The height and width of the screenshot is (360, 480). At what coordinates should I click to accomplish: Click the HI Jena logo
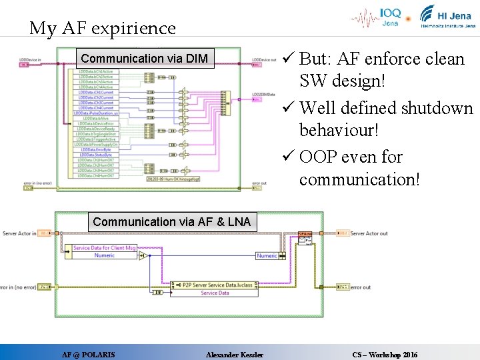tap(447, 17)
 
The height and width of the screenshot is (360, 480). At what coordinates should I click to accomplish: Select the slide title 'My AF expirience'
tap(102, 28)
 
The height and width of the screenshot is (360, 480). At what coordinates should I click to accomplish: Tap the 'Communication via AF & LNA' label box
tap(171, 222)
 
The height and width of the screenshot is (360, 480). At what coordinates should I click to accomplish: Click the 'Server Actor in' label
tap(19, 233)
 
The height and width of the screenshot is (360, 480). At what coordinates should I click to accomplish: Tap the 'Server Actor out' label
tap(369, 233)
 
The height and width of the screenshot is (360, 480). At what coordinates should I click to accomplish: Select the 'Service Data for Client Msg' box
tap(105, 248)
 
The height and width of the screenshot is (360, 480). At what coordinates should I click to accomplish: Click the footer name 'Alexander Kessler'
tap(235, 355)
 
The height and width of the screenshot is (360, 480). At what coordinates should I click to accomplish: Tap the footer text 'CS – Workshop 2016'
tap(385, 355)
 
